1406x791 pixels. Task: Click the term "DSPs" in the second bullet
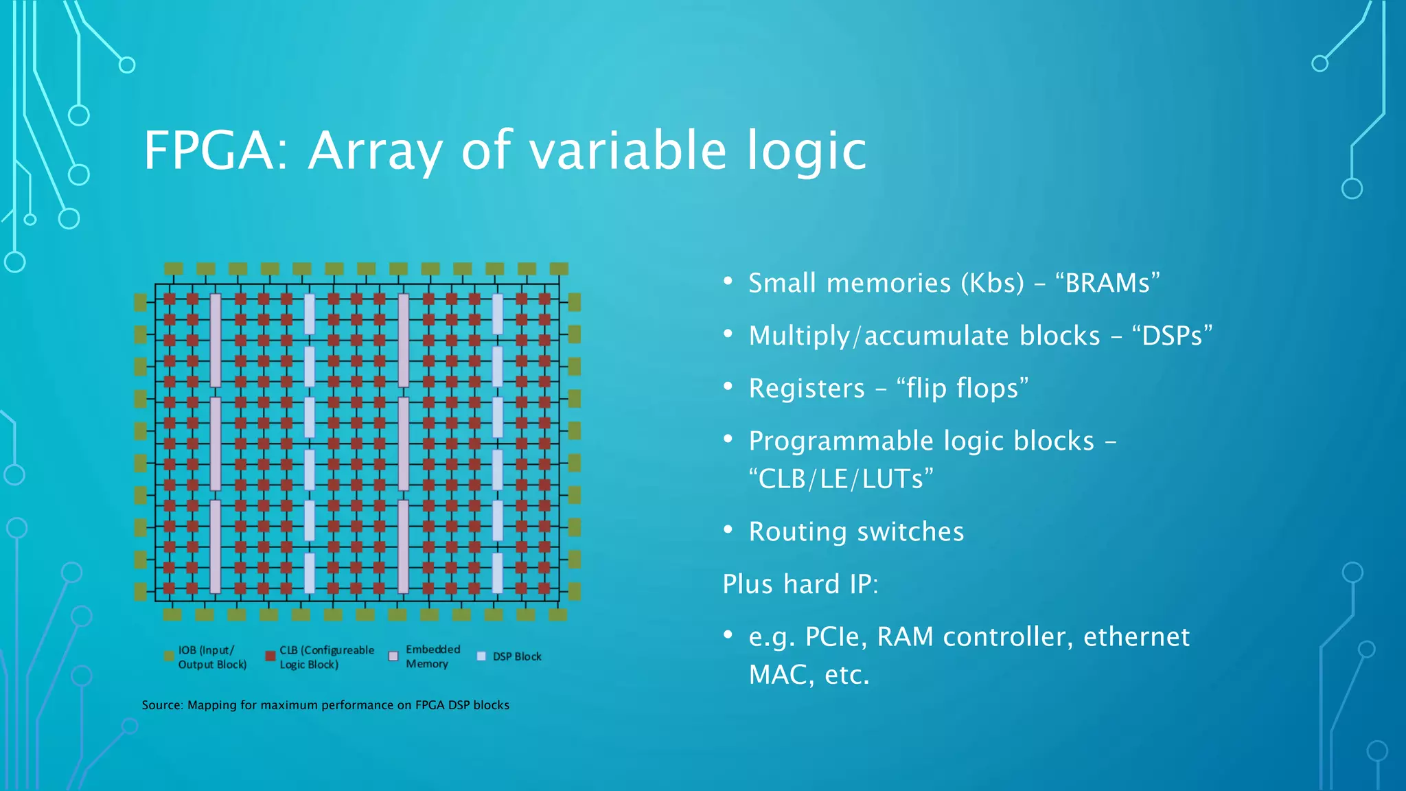click(1172, 336)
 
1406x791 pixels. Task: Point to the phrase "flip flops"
click(963, 389)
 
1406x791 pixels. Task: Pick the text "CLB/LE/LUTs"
click(840, 479)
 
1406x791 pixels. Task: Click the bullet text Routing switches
click(856, 532)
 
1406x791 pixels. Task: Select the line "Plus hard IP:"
click(800, 584)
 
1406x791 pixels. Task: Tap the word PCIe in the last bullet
click(833, 637)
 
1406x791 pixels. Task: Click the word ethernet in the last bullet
click(1136, 637)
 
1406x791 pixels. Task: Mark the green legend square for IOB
click(169, 656)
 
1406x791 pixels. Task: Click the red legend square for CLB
click(270, 656)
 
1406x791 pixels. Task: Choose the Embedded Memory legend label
click(432, 656)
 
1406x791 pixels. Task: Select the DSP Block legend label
click(517, 657)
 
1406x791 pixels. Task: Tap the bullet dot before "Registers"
click(728, 387)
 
